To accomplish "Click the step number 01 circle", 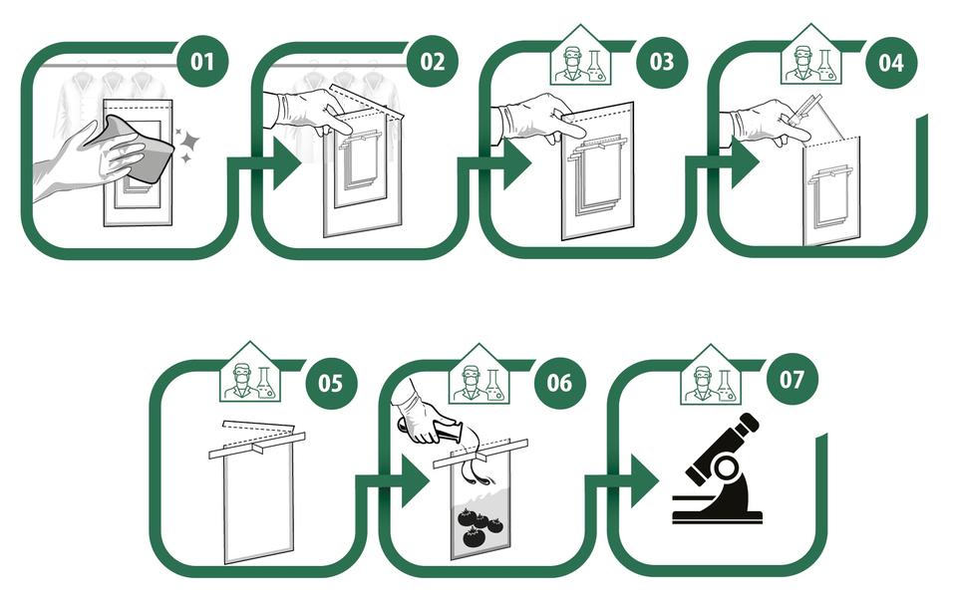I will [x=202, y=62].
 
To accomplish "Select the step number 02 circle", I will [x=432, y=62].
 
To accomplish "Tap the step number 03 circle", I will [x=662, y=62].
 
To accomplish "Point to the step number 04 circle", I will [x=890, y=62].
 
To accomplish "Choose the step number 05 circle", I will [x=331, y=382].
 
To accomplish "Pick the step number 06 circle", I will [x=560, y=382].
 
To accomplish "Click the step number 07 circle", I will [x=790, y=380].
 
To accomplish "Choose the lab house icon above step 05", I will [x=251, y=377].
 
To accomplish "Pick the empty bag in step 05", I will [x=258, y=503].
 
